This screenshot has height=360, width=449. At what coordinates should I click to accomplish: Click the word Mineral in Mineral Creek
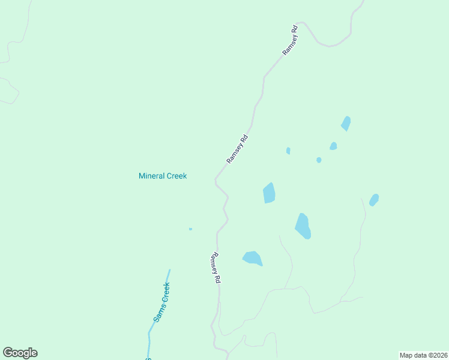pyautogui.click(x=152, y=176)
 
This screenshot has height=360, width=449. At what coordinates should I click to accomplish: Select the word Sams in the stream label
pyautogui.click(x=158, y=313)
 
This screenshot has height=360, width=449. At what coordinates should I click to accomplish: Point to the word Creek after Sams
pyautogui.click(x=165, y=293)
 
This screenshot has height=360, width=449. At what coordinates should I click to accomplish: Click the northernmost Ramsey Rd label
pyautogui.click(x=290, y=41)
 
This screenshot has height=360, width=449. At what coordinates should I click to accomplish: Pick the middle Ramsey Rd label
pyautogui.click(x=237, y=149)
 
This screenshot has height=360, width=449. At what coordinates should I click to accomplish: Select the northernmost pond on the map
pyautogui.click(x=346, y=123)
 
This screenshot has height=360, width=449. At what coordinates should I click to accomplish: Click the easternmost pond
pyautogui.click(x=374, y=199)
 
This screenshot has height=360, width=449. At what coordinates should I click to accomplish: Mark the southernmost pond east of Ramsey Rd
pyautogui.click(x=253, y=258)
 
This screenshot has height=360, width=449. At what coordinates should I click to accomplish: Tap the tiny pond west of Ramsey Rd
pyautogui.click(x=190, y=229)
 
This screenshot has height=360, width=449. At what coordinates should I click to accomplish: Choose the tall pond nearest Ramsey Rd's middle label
pyautogui.click(x=269, y=193)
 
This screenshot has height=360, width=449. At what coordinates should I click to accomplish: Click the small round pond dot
pyautogui.click(x=319, y=160)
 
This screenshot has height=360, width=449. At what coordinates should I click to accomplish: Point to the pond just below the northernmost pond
pyautogui.click(x=333, y=146)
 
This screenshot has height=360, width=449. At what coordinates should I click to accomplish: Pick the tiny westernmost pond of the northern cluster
pyautogui.click(x=288, y=151)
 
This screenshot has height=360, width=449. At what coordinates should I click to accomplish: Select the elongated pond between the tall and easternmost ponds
pyautogui.click(x=303, y=226)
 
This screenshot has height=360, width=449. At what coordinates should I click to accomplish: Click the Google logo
pyautogui.click(x=20, y=353)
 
